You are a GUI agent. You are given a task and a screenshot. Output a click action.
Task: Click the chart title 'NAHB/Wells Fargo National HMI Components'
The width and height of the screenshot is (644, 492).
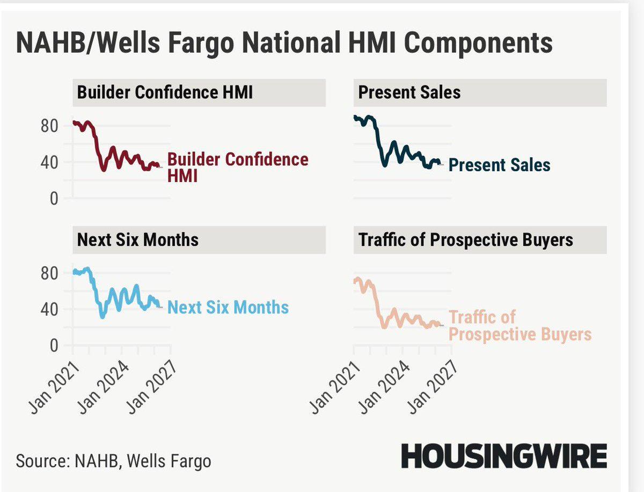coord(284,43)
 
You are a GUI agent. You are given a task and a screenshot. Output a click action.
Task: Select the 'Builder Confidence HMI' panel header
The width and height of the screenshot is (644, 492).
coord(165,92)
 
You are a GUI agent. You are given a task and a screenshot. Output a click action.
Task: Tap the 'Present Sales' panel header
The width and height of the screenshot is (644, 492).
coord(409,92)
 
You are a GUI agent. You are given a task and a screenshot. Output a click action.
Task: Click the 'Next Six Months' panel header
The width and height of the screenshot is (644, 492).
coord(138,239)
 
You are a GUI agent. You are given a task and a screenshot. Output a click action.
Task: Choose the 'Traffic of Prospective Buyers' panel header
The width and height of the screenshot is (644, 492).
coord(465,239)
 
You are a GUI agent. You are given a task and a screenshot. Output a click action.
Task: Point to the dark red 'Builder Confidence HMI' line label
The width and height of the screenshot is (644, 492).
coord(237,167)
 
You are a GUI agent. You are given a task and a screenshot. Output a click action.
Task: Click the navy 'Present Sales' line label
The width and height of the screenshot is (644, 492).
coord(499,165)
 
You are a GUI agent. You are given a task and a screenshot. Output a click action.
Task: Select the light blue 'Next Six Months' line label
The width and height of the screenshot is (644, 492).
coord(228,307)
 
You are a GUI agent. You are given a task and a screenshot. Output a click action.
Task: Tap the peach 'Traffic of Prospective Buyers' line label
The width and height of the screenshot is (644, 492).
coord(519,326)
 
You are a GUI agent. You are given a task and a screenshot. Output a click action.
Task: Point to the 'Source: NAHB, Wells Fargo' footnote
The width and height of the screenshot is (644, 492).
coord(113,461)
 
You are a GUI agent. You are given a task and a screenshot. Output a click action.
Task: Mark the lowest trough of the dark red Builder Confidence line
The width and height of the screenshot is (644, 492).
coord(103,170)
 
